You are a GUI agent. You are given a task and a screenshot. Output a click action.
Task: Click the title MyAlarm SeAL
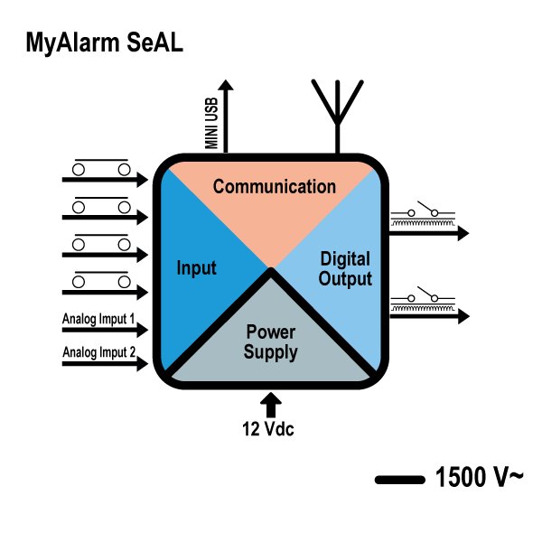point(105,42)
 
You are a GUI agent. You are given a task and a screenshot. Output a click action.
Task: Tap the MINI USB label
point(212,126)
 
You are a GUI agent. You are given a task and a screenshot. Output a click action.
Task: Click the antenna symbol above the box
point(338,103)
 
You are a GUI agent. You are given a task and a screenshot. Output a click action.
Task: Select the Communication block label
point(274,187)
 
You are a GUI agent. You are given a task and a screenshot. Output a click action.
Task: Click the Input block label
point(196,268)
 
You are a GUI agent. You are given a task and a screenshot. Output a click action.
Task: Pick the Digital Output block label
point(345,269)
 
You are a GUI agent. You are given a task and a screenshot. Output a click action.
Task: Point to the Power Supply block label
point(271,341)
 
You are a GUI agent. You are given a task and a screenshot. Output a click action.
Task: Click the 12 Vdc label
point(268,429)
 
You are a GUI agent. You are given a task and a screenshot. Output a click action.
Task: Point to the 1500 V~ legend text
point(478,478)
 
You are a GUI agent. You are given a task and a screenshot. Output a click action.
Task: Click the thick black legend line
point(399,480)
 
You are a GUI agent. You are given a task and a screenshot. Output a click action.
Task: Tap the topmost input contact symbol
point(101,167)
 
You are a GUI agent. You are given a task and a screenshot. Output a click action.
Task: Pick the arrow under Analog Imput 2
point(105,365)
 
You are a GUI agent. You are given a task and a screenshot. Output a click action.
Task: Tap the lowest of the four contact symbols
point(101,280)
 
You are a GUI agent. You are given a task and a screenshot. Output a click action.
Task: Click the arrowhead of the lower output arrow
point(463,316)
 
